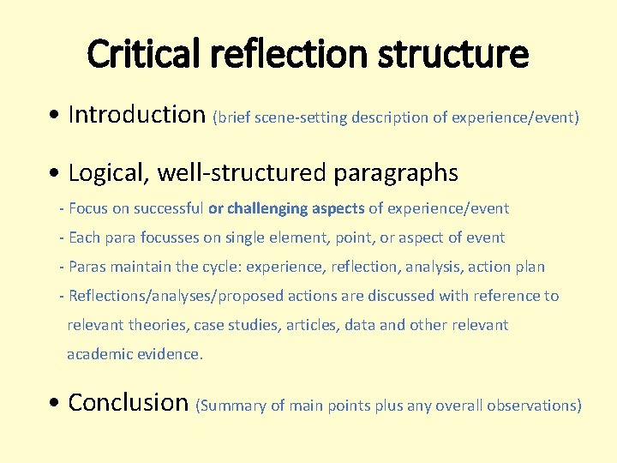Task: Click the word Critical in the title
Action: tap(144, 55)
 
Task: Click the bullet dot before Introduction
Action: tap(56, 116)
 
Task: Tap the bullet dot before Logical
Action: tap(56, 174)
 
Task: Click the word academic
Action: tap(100, 354)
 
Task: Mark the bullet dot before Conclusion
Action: tap(56, 403)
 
